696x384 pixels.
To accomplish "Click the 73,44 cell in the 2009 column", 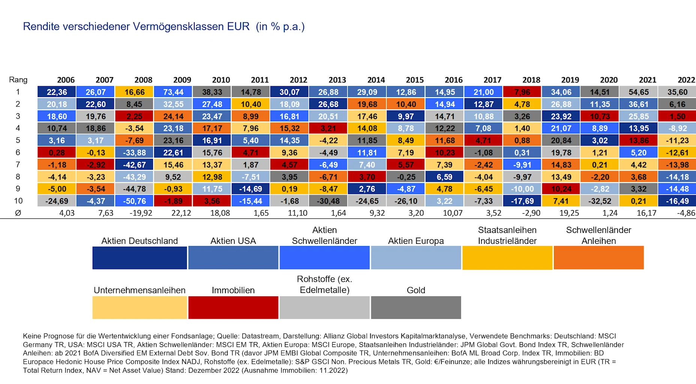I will [x=173, y=92].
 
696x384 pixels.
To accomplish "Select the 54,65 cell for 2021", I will [x=639, y=92].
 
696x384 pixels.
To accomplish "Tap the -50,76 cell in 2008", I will [x=135, y=201].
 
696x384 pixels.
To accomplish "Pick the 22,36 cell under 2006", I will [x=57, y=92].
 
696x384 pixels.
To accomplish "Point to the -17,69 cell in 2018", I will [x=522, y=201].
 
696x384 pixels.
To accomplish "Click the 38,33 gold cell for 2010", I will [x=212, y=92].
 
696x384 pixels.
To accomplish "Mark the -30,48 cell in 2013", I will [x=328, y=201].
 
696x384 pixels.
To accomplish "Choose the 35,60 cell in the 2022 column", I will [x=677, y=92].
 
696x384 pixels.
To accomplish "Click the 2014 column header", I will [x=376, y=80].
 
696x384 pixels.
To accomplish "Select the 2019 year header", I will [x=570, y=80].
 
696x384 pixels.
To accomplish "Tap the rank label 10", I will [x=18, y=201].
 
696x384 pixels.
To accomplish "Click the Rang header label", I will [x=18, y=80].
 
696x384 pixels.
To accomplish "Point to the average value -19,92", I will [x=141, y=213].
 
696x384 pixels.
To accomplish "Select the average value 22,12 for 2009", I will [x=181, y=213].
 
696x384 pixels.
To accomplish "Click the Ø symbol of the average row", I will [x=18, y=213].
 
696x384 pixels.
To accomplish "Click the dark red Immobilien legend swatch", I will [x=233, y=308].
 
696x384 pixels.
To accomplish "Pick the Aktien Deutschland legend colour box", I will [x=139, y=258].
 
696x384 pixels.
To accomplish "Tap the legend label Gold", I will [x=416, y=290].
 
